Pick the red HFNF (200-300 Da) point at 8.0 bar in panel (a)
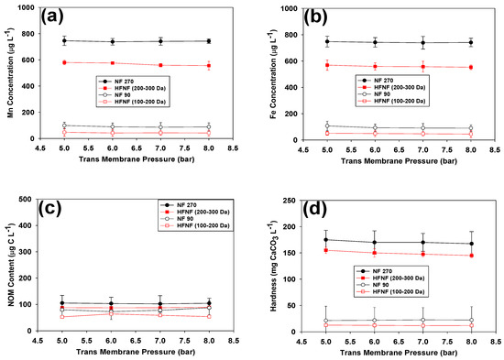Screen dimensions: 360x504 [209, 66]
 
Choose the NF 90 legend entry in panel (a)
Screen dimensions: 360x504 [125, 96]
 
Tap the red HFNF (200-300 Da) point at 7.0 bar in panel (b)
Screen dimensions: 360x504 [422, 66]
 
